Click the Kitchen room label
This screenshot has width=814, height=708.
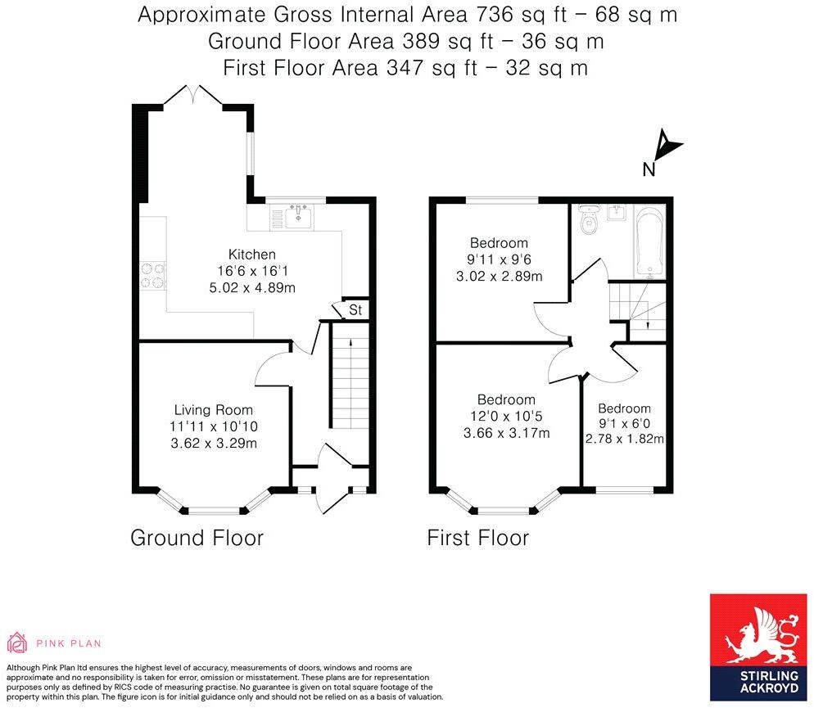(x=251, y=255)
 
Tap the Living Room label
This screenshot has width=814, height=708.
(x=214, y=410)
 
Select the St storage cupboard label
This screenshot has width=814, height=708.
(x=355, y=309)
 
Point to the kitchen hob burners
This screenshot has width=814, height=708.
(x=152, y=275)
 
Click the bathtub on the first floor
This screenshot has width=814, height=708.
(x=649, y=241)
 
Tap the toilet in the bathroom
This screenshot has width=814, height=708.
(x=589, y=220)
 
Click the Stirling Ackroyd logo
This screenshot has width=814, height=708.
(x=758, y=647)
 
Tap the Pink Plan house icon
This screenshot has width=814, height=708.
(x=16, y=643)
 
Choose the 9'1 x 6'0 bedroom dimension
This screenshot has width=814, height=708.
(x=624, y=423)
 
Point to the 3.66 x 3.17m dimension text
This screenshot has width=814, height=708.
(x=506, y=433)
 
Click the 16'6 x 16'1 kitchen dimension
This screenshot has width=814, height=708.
(x=251, y=271)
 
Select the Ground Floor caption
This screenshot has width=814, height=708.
(x=197, y=538)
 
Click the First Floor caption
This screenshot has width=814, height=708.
(x=478, y=538)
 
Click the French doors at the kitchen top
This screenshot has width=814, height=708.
(x=193, y=94)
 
